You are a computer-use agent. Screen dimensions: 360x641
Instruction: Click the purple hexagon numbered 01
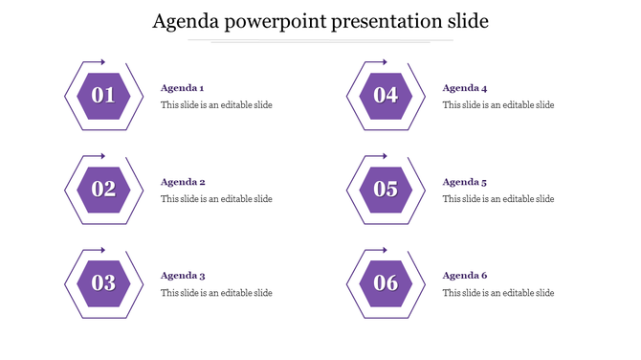coord(103,96)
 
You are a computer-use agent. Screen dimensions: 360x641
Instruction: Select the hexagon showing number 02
coord(103,190)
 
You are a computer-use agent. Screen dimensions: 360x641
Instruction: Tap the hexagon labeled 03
coord(103,283)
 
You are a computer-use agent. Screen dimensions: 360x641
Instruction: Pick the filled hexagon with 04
coord(386,96)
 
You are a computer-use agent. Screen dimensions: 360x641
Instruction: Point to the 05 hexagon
coord(386,190)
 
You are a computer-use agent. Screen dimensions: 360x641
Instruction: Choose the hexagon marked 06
coord(386,283)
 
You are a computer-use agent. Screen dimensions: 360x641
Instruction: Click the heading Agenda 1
coord(183,88)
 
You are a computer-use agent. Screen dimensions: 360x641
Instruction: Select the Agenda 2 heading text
coord(183,182)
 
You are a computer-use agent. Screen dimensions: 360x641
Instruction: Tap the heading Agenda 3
coord(183,276)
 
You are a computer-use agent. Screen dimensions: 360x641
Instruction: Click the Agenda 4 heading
coord(465,88)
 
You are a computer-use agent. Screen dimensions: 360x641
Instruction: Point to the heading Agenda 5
coord(465,182)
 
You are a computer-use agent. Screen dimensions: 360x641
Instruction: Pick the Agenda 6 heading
coord(465,276)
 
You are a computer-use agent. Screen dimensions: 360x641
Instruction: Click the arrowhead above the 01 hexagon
coord(102,62)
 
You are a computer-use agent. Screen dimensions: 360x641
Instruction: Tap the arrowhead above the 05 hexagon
coord(385,156)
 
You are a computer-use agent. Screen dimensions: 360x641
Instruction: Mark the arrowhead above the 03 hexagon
coord(102,250)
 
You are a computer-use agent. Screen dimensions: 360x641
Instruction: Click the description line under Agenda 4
coord(498,105)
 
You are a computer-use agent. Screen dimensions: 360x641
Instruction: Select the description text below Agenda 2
coord(216,199)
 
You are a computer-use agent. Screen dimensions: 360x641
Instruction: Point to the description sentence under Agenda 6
coord(498,293)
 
